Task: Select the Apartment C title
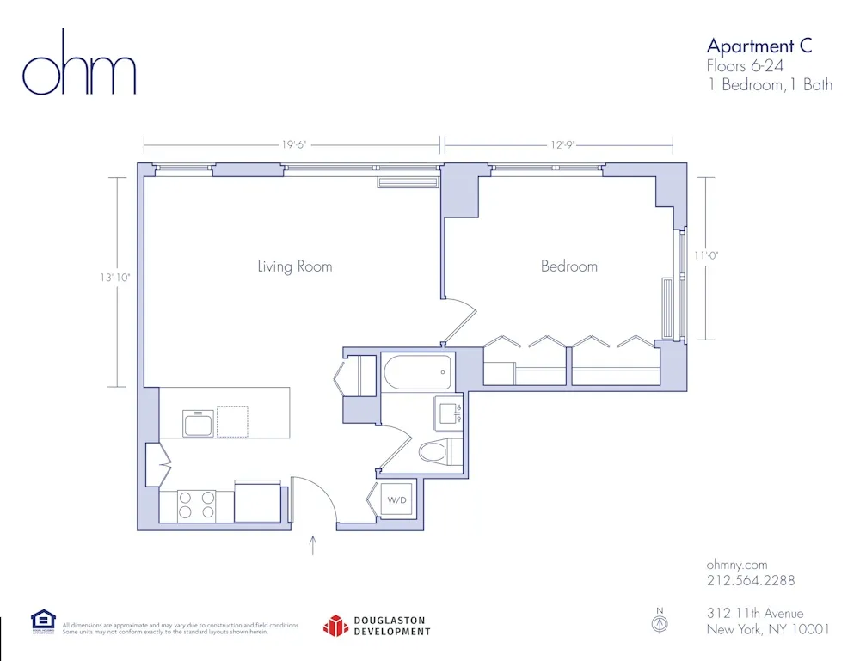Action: [x=759, y=46]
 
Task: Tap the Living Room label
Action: [x=294, y=266]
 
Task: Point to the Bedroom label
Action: [x=568, y=266]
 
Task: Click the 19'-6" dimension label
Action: [x=292, y=145]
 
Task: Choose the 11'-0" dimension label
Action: [x=705, y=255]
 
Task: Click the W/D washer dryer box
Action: [x=396, y=499]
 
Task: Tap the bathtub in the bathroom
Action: [x=417, y=373]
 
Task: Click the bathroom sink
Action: [x=449, y=413]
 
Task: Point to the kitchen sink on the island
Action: [x=198, y=423]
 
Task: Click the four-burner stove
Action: [x=196, y=506]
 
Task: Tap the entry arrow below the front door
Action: [x=313, y=545]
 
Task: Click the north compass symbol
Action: [x=660, y=622]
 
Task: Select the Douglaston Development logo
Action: [x=377, y=626]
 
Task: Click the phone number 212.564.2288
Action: [x=750, y=580]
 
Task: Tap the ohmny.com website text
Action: [x=736, y=565]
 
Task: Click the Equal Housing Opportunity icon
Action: [x=43, y=621]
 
